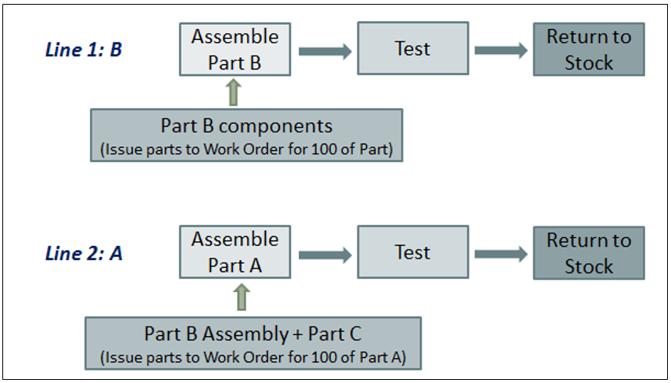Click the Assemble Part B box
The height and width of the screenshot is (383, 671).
(235, 49)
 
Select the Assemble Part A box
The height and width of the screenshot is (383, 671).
(235, 252)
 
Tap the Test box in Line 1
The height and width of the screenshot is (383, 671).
(412, 49)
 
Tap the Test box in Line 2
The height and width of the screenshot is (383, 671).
(412, 252)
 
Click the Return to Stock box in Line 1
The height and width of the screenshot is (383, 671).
(588, 49)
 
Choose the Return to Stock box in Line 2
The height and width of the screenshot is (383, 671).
(588, 253)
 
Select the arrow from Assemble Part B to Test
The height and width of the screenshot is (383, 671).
(324, 51)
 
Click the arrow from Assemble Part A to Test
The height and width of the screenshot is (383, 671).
(324, 255)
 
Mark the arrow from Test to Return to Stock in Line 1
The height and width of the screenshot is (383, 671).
(501, 51)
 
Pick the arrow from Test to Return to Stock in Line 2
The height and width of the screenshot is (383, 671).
(501, 255)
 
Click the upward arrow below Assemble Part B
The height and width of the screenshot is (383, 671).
(235, 92)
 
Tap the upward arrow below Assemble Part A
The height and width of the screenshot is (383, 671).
(242, 297)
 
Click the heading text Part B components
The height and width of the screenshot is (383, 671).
(246, 126)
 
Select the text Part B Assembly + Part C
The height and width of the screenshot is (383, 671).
(253, 334)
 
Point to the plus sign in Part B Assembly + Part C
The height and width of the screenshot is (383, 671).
(298, 334)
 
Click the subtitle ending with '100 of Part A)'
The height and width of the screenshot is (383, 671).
(253, 358)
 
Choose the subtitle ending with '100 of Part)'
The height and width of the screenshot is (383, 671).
(246, 149)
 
